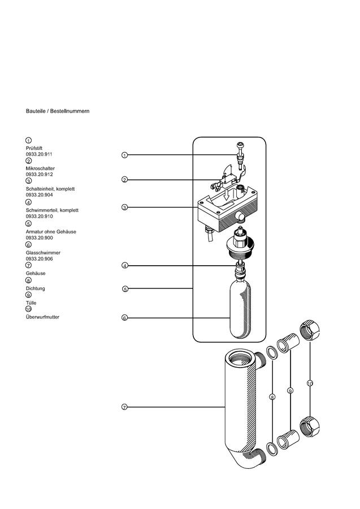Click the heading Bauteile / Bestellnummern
(x=58, y=111)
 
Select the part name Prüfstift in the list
(x=34, y=148)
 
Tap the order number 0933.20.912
(x=39, y=174)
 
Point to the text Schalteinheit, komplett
(x=50, y=189)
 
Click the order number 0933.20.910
(x=39, y=216)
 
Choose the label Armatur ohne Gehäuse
(x=51, y=232)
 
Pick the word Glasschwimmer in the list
(x=43, y=253)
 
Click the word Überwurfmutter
(x=42, y=317)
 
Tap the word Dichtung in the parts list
(x=36, y=288)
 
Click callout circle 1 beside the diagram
(x=124, y=155)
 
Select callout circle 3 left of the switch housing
(x=124, y=207)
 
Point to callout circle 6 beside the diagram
(x=124, y=318)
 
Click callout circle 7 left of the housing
(x=124, y=407)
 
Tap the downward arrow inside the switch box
(x=228, y=195)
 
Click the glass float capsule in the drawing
(x=240, y=309)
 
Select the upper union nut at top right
(x=309, y=330)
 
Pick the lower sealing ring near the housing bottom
(x=271, y=448)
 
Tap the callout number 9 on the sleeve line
(x=290, y=390)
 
